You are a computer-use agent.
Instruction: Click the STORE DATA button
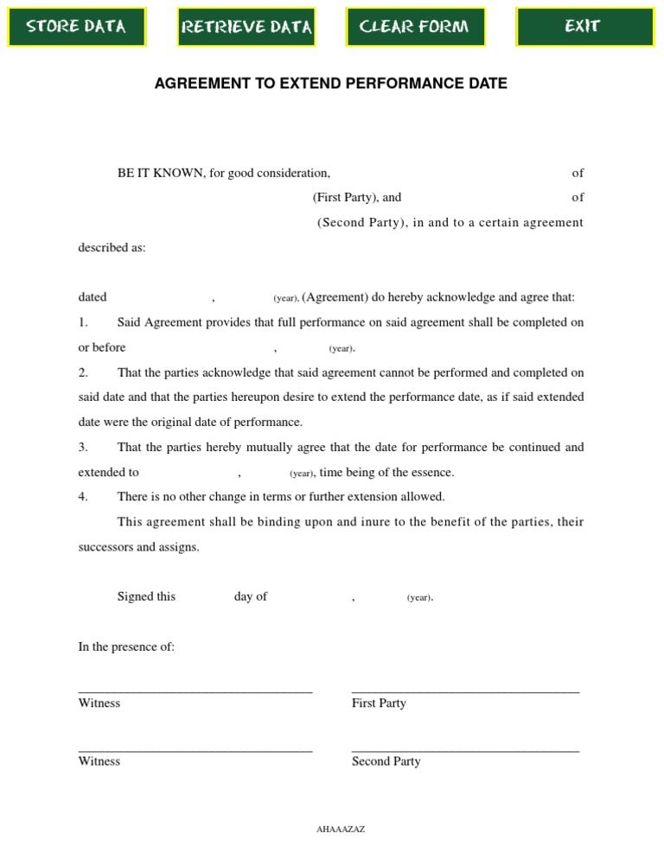click(76, 27)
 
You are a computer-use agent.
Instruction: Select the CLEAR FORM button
click(415, 27)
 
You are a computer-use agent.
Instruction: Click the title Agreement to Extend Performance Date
click(330, 84)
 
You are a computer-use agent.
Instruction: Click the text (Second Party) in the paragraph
click(360, 222)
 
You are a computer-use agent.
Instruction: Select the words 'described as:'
click(112, 247)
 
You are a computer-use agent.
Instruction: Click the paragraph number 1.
click(83, 322)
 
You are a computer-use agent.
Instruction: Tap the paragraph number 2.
click(83, 372)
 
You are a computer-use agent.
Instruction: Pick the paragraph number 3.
click(83, 447)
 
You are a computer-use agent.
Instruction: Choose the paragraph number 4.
click(83, 497)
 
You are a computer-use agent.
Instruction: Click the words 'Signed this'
click(146, 596)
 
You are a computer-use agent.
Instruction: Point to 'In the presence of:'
click(126, 646)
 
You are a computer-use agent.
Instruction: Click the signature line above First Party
click(465, 691)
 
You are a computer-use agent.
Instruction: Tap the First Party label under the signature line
click(379, 703)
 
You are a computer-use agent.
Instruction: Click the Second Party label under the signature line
click(386, 761)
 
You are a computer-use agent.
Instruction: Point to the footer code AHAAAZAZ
click(341, 830)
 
